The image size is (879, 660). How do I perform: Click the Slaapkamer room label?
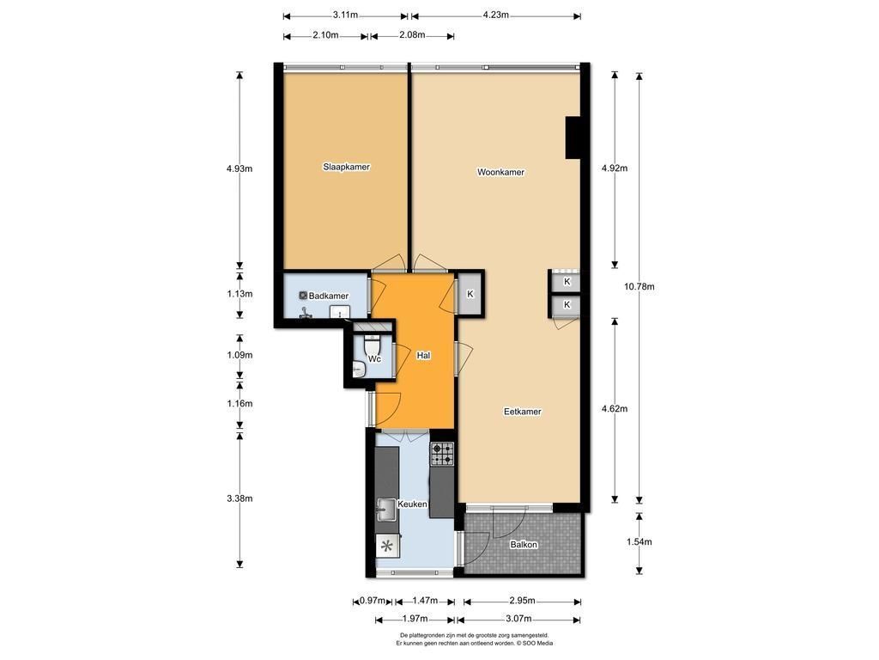tap(346, 167)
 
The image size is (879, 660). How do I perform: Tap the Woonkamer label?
tap(500, 172)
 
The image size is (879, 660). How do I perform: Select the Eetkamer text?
tap(523, 412)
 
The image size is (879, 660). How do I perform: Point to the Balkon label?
tap(524, 544)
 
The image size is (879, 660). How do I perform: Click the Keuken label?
tap(412, 504)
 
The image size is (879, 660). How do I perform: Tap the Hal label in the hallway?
tap(423, 355)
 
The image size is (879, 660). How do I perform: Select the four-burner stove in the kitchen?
tap(442, 454)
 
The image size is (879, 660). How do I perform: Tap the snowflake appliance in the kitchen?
tap(387, 546)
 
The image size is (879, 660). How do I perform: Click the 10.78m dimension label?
tap(640, 286)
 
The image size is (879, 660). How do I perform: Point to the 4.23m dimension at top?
tap(495, 15)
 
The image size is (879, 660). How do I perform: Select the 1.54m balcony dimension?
tap(640, 541)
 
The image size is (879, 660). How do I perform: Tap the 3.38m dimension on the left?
tap(239, 498)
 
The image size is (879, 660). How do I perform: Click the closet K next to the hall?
tap(470, 294)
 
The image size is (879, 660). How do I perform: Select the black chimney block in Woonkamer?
tap(573, 137)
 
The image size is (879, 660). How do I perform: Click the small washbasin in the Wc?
tap(358, 370)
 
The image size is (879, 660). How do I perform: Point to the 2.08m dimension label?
tap(412, 34)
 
